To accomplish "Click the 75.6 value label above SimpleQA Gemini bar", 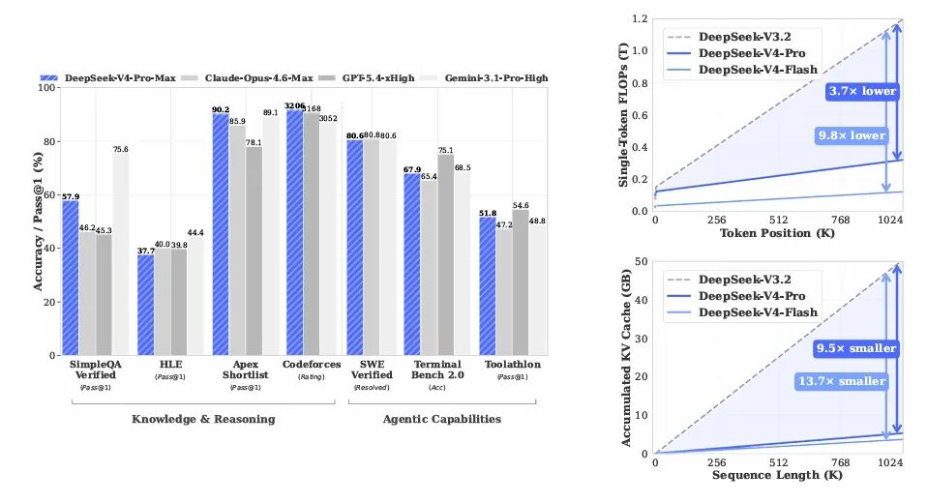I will click(120, 149).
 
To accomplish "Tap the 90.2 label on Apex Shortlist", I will click(220, 109).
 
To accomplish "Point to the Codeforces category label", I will click(304, 364).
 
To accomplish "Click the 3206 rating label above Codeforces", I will click(294, 104).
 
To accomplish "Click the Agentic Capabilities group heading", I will click(441, 419).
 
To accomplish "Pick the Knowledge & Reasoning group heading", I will click(203, 419).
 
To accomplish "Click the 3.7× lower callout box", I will click(862, 92).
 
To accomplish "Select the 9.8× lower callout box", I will click(851, 135).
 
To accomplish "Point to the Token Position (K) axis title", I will click(779, 233).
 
